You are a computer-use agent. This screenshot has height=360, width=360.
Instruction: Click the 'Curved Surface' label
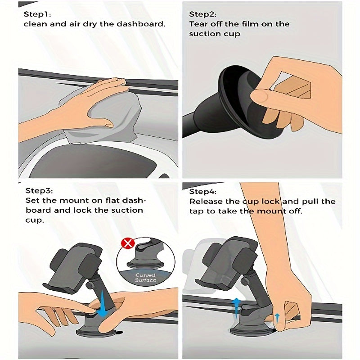pos(145,277)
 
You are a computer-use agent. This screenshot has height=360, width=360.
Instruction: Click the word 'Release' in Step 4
pos(206,201)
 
